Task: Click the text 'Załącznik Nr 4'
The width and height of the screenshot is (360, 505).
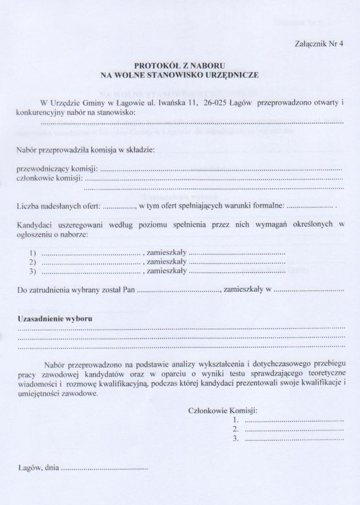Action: [319, 46]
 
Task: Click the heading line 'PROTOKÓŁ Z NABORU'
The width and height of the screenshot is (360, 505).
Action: [180, 65]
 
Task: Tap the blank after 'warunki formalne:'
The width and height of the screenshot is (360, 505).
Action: [311, 207]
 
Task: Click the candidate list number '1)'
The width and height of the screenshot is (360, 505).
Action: [32, 253]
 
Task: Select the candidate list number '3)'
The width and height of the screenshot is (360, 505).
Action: [32, 271]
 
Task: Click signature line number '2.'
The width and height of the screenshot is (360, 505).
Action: [236, 429]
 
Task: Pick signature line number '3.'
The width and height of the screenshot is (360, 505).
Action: [236, 439]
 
